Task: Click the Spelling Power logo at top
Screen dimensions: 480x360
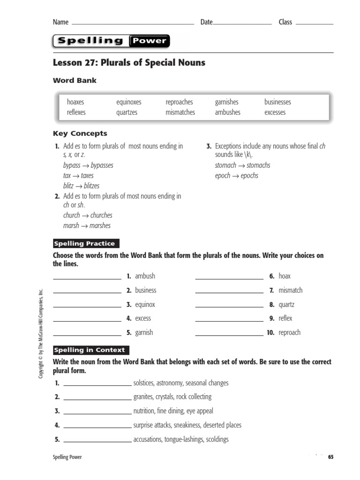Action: (111, 41)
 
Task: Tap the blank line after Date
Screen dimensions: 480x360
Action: (242, 23)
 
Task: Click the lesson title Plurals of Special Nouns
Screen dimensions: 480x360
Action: (129, 62)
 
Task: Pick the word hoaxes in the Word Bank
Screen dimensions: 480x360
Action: (75, 102)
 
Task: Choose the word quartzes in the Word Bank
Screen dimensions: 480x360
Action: (127, 112)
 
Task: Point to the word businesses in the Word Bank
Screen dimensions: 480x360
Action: (277, 102)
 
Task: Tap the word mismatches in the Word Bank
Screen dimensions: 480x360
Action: (180, 112)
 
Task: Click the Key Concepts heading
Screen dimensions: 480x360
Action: (80, 134)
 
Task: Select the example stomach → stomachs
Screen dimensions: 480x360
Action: (242, 165)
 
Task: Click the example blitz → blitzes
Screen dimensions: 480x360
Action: (81, 186)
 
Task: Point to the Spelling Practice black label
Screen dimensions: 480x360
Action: (86, 244)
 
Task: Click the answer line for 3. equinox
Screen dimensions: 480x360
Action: (87, 307)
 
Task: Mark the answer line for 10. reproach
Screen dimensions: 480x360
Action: (229, 335)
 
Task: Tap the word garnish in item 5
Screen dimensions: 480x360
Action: (144, 332)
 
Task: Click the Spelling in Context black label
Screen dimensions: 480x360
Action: (90, 350)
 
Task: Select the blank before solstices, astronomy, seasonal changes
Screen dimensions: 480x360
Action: (97, 385)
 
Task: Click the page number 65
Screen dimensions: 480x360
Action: (330, 457)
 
